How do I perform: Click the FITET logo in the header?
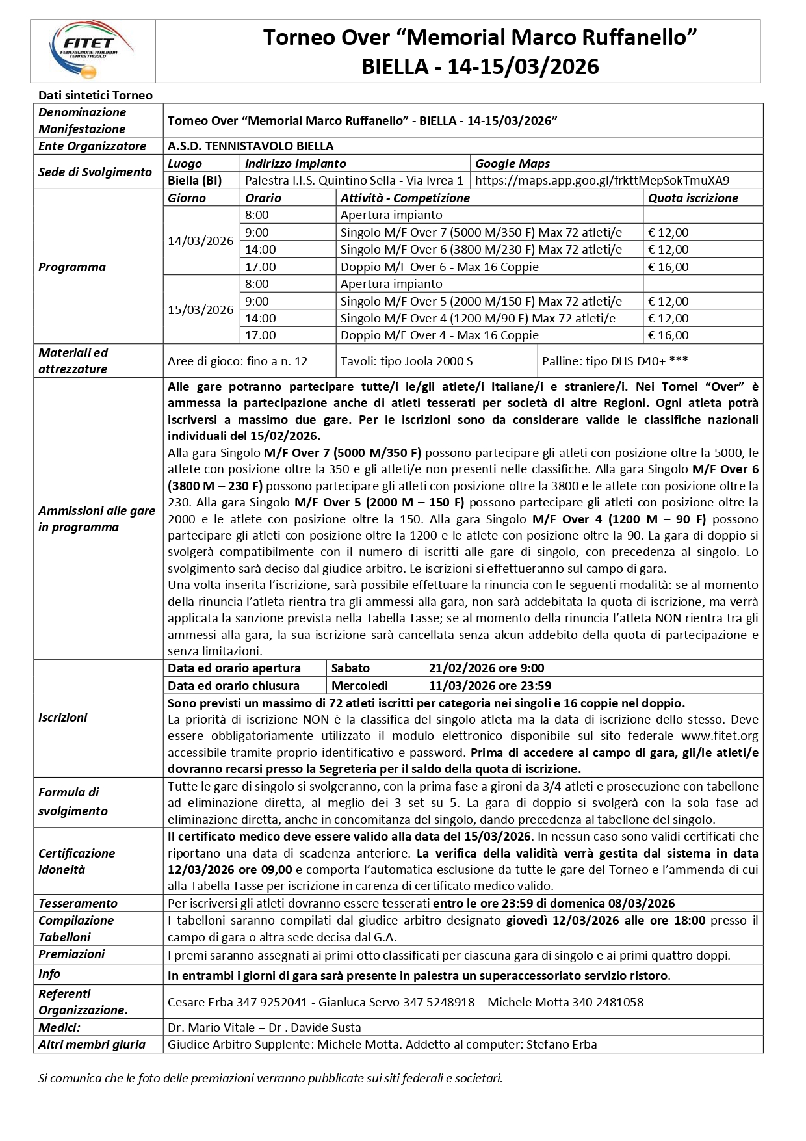click(x=92, y=50)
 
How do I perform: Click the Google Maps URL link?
click(x=602, y=181)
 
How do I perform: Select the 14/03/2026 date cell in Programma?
click(x=200, y=241)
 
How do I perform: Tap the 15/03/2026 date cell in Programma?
click(x=200, y=310)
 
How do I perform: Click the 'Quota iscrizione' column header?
click(x=693, y=198)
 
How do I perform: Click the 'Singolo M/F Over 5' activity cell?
click(x=480, y=302)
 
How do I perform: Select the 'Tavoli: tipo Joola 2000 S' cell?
click(x=406, y=361)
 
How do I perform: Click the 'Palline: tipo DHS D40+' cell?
click(x=614, y=361)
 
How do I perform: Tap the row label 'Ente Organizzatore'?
click(x=92, y=146)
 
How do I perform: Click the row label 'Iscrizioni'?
click(x=62, y=718)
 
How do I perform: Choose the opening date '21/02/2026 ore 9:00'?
click(x=486, y=668)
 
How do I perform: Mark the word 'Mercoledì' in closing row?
click(x=359, y=686)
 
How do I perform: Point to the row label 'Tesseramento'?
click(x=78, y=904)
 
